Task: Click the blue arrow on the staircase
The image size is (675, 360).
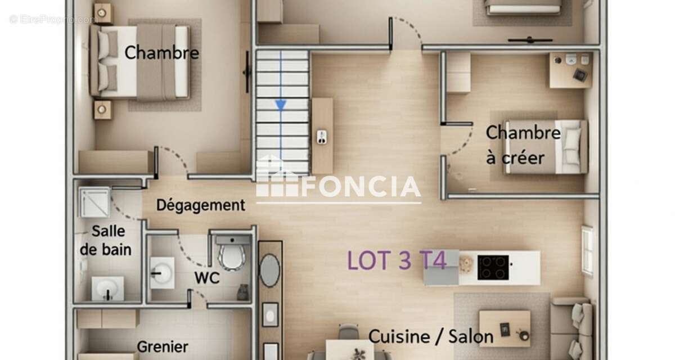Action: click(280, 105)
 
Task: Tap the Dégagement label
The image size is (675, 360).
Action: click(200, 205)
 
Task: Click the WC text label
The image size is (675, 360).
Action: click(206, 278)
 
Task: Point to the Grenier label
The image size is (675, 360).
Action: click(163, 346)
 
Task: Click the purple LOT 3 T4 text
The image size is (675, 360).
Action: click(397, 260)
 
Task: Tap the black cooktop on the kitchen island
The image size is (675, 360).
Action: click(493, 267)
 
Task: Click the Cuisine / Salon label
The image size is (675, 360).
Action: click(431, 336)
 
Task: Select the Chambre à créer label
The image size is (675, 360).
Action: click(523, 145)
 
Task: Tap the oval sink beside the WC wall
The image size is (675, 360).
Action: click(270, 270)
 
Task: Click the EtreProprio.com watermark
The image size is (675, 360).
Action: click(53, 20)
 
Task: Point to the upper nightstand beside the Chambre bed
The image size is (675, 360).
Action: click(102, 11)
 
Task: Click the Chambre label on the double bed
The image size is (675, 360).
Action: click(161, 53)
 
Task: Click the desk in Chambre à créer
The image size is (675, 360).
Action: click(570, 70)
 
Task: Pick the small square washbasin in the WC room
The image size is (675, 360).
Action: click(163, 273)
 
